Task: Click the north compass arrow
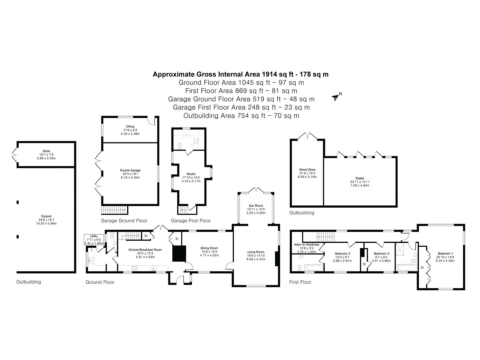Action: pos(335,97)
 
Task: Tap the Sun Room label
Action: pos(256,205)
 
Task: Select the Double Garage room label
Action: pos(130,170)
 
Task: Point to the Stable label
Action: pos(360,178)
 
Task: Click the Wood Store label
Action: pos(307,170)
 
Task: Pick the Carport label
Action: pos(46,216)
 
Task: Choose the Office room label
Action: pos(130,127)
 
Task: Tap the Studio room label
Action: pos(191,174)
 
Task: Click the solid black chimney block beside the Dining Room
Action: pos(179,253)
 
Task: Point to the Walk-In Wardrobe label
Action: pos(307,245)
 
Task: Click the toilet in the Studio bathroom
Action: pos(180,146)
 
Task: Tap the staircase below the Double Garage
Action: pos(114,210)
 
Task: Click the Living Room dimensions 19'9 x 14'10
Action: pos(256,256)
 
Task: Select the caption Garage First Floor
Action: pos(191,221)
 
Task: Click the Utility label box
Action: pos(94,240)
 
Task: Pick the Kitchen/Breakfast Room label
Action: pos(145,250)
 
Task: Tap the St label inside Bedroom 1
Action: pos(422,268)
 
